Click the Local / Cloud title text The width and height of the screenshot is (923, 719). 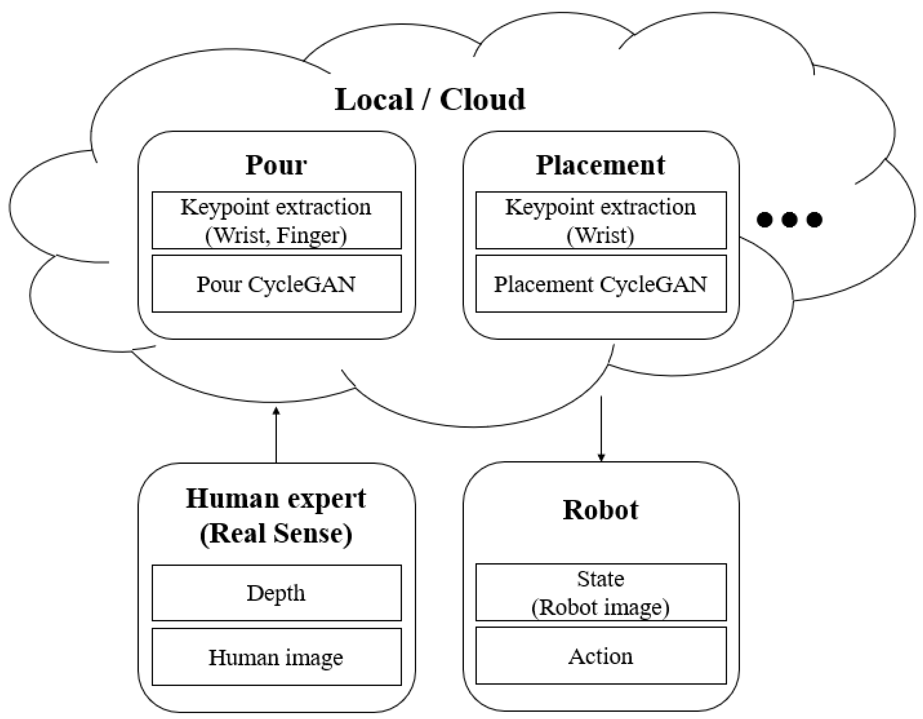point(429,100)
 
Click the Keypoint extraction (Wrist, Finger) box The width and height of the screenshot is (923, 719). point(276,220)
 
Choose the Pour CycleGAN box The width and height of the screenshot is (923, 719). point(276,284)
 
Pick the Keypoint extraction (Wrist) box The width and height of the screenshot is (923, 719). point(601,220)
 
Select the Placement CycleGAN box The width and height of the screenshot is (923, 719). point(601,284)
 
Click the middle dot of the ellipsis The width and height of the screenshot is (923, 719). point(790,219)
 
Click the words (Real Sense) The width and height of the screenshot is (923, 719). point(276,534)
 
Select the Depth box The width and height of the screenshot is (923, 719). point(276,592)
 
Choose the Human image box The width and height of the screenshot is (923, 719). point(276,657)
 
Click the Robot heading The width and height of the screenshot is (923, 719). point(601,510)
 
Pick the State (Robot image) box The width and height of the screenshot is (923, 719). point(601,592)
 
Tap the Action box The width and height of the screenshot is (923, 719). point(601,656)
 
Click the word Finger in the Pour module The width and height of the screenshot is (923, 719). point(311,235)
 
